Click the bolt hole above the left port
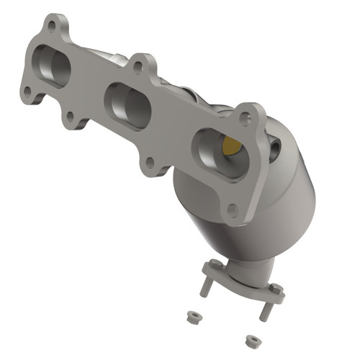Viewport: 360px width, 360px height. tap(52, 26)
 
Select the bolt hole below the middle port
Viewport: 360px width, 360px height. tap(149, 163)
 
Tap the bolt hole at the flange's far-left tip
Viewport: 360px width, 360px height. tap(27, 91)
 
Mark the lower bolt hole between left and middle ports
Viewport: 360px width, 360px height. tap(69, 115)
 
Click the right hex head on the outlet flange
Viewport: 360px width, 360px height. tap(274, 289)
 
